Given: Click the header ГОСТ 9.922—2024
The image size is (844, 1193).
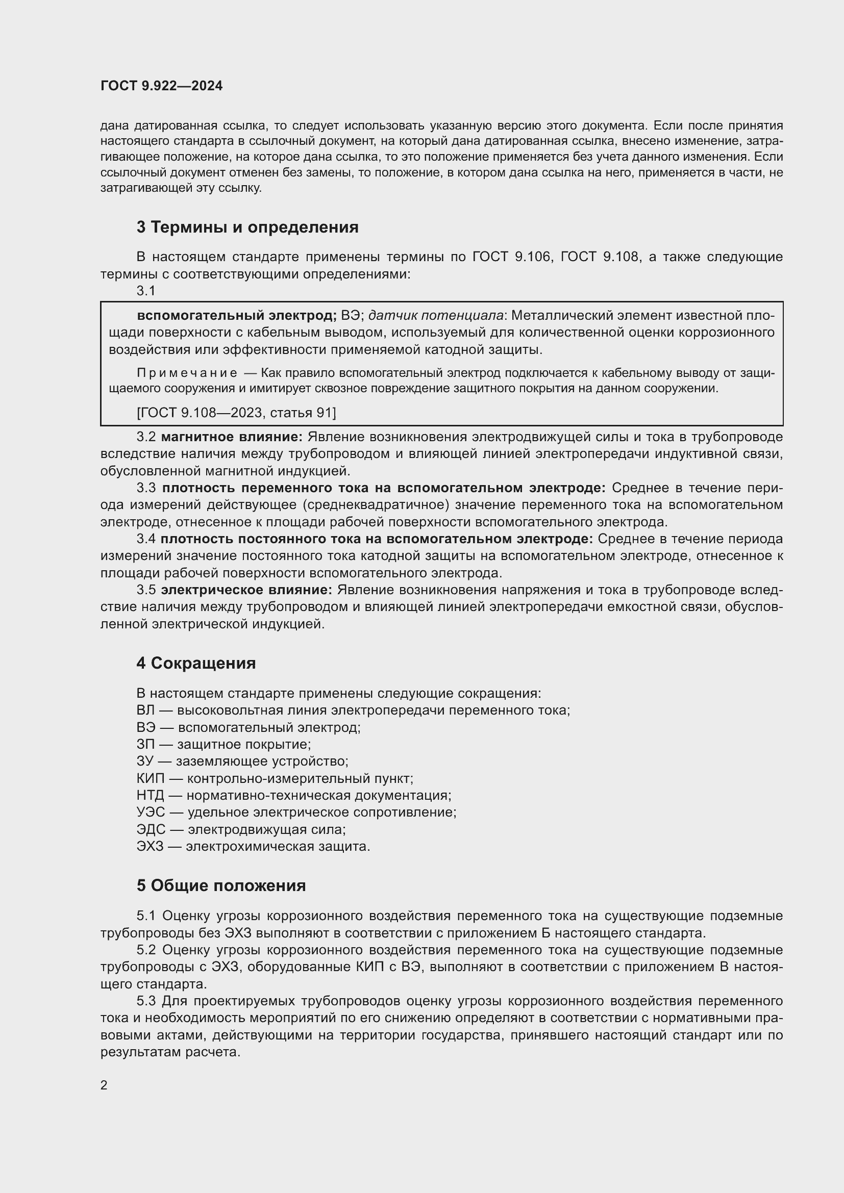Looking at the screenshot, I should pyautogui.click(x=162, y=86).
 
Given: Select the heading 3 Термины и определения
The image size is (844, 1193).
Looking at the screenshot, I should pyautogui.click(x=247, y=227).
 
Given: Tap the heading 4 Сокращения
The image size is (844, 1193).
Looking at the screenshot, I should pyautogui.click(x=196, y=663).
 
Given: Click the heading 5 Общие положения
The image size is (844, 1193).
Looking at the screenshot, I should pyautogui.click(x=221, y=885).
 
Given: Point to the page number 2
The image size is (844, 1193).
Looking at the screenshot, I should pyautogui.click(x=104, y=1085).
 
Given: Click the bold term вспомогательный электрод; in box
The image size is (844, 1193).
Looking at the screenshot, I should pyautogui.click(x=237, y=315).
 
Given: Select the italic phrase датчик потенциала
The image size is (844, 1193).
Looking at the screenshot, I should pyautogui.click(x=435, y=315).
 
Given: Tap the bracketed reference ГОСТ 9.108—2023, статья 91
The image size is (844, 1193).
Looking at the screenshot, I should pyautogui.click(x=236, y=413).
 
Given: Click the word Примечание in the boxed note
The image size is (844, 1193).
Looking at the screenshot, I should pyautogui.click(x=187, y=373).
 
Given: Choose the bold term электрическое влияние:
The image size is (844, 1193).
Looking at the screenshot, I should pyautogui.click(x=246, y=590).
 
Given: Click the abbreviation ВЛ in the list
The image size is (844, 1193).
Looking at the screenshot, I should pyautogui.click(x=145, y=710).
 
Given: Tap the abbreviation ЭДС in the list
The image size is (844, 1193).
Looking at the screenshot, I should pyautogui.click(x=151, y=829).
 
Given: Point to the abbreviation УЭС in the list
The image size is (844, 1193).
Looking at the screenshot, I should pyautogui.click(x=151, y=812).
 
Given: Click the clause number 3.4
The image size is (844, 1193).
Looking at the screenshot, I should pyautogui.click(x=146, y=539).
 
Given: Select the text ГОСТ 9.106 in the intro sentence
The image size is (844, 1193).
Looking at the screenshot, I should pyautogui.click(x=511, y=257).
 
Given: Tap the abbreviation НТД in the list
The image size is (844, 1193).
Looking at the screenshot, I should pyautogui.click(x=150, y=796).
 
